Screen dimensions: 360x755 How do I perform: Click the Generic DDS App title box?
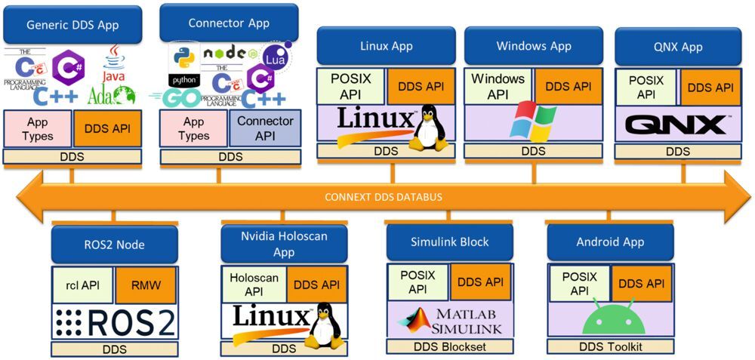[72, 25]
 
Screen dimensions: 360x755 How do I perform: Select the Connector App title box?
[229, 23]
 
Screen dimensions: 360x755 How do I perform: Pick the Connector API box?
[265, 128]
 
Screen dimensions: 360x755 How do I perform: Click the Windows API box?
[498, 86]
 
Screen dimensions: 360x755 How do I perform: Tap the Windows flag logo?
[533, 123]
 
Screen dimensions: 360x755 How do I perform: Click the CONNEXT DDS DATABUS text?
[378, 198]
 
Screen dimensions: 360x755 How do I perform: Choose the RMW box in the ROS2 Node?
[146, 285]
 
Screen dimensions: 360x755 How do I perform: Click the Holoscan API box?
[254, 285]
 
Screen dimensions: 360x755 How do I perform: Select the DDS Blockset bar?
[449, 346]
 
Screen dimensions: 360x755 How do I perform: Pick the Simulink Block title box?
[449, 242]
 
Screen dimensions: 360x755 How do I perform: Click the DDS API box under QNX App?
[710, 88]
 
